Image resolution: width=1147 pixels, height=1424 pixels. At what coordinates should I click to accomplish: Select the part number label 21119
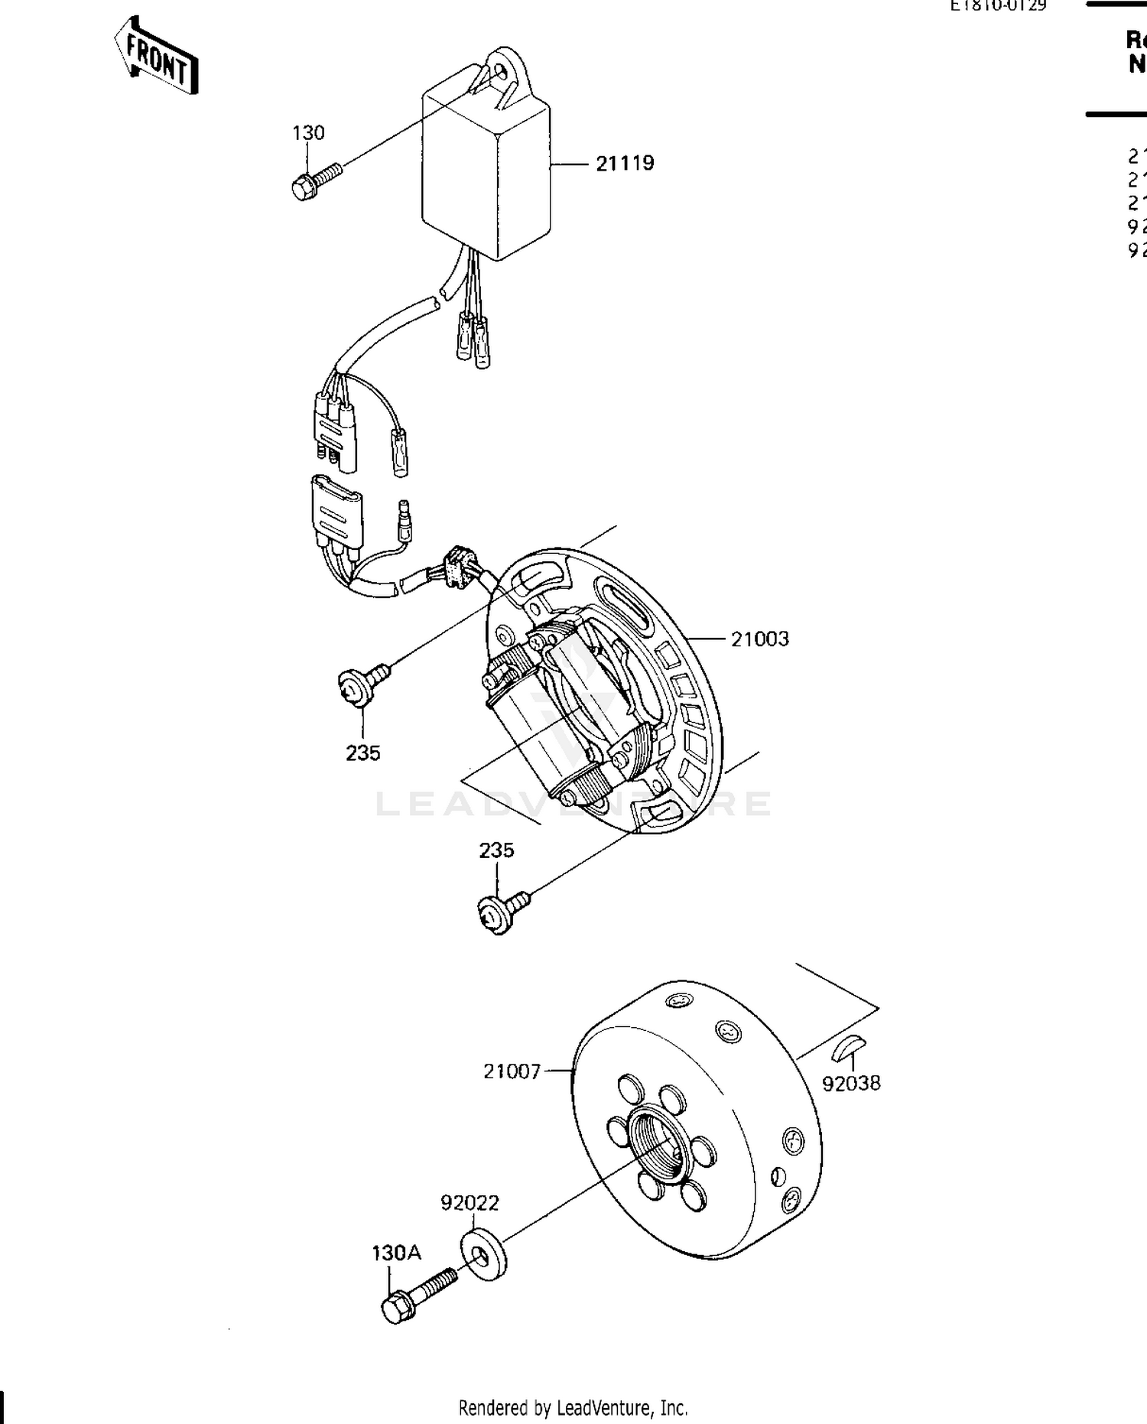pos(625,163)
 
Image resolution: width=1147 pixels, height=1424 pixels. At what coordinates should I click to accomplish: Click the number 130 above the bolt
pos(308,133)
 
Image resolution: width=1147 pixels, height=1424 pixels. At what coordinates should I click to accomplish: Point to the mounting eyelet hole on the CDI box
pos(501,71)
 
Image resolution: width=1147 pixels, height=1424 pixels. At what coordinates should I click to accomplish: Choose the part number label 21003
pos(759,639)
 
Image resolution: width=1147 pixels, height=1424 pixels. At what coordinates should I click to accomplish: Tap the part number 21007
pos(512,1071)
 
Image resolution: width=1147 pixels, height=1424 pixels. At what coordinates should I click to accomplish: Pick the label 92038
pos(851,1083)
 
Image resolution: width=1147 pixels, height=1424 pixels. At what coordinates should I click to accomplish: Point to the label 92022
pos(470,1203)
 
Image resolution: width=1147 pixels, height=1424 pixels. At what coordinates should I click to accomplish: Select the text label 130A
pos(396,1253)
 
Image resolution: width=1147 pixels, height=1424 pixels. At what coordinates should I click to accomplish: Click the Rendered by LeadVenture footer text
pos(573,1407)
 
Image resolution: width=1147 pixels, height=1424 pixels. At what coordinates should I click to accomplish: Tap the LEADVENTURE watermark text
pos(573,805)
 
